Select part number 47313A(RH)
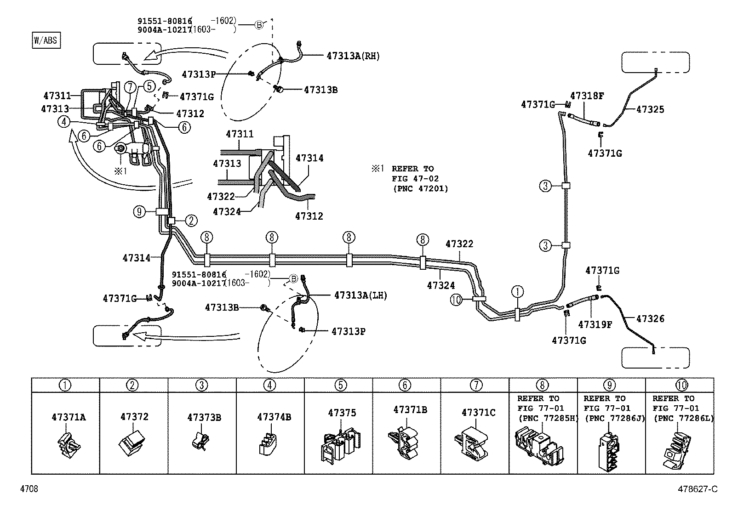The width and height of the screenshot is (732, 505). [x=353, y=56]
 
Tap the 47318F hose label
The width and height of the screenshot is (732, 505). [x=587, y=96]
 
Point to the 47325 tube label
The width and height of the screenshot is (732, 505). [x=650, y=109]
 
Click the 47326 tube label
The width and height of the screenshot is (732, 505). [x=650, y=318]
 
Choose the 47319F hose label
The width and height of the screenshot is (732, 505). [x=595, y=324]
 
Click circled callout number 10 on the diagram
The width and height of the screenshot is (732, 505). [x=456, y=300]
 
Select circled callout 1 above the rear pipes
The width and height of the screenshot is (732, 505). [x=517, y=291]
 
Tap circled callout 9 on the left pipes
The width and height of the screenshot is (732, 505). [x=140, y=212]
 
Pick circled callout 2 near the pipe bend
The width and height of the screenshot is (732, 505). [x=191, y=221]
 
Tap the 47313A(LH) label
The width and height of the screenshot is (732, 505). [x=360, y=295]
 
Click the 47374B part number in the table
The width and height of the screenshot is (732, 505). [x=274, y=417]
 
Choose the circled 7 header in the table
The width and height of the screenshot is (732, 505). [x=475, y=385]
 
